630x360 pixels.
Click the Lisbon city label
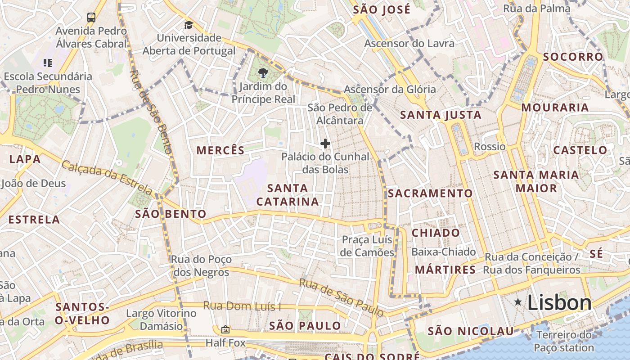(559, 302)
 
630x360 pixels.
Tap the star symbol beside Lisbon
(518, 302)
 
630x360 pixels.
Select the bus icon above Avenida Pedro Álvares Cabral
(91, 18)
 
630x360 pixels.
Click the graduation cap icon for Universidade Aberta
(189, 25)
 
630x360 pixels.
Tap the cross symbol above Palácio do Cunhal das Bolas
(325, 144)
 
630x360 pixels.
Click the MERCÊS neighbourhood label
(220, 150)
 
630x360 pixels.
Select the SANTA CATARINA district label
(288, 195)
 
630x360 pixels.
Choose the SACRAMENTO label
(430, 193)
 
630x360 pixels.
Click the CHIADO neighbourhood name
(436, 233)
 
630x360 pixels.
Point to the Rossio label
(490, 146)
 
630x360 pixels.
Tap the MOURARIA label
(555, 108)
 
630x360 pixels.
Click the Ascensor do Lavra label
(409, 44)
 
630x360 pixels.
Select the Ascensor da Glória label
(390, 89)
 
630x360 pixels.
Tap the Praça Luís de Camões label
(367, 246)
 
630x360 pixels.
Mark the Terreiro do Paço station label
(564, 341)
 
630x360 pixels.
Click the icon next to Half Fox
(225, 330)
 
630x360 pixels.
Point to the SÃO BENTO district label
(171, 214)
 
